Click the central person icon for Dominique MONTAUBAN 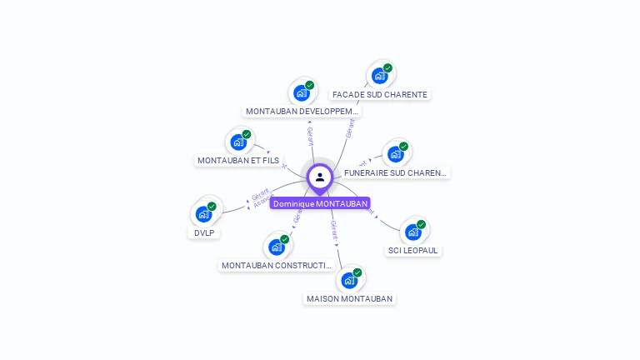pos(320,177)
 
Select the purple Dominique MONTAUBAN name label pos(320,203)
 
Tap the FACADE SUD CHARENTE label pos(379,94)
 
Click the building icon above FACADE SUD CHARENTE pos(380,75)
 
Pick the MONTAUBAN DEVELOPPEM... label pos(302,111)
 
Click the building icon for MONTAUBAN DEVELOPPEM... pos(302,92)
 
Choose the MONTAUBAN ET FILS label pos(238,160)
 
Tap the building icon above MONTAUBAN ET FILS pos(239,142)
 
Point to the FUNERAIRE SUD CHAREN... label pos(395,173)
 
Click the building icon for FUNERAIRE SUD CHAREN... pos(396,154)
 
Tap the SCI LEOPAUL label pos(413,250)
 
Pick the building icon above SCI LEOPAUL pos(413,232)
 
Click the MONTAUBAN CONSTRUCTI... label pos(277,265)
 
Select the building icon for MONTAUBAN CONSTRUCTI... pos(277,247)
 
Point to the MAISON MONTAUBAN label pos(349,298)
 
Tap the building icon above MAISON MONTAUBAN pos(350,280)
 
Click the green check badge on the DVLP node pos(212,206)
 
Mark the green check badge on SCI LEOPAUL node pos(422,224)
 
